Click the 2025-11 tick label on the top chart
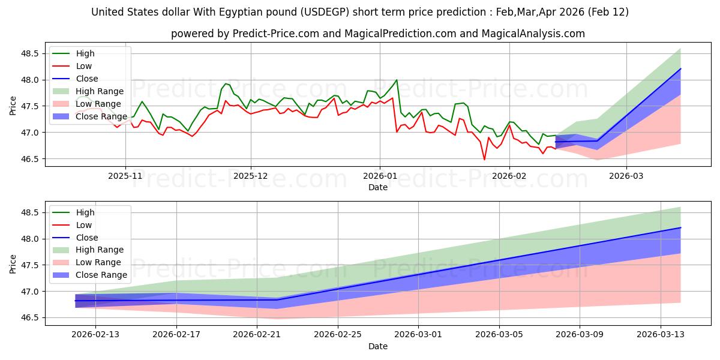[125, 177]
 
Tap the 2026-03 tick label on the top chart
[626, 177]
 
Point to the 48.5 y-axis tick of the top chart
[29, 53]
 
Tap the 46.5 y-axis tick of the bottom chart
[29, 318]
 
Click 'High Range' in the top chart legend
[100, 91]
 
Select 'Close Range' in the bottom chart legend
[101, 275]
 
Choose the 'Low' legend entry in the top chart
[84, 66]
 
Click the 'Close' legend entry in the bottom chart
[87, 238]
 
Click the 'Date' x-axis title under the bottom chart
[378, 346]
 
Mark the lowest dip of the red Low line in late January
[484, 160]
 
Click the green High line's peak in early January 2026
[397, 80]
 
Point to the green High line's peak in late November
[226, 83]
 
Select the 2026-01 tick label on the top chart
[379, 177]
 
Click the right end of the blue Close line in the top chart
[680, 68]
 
